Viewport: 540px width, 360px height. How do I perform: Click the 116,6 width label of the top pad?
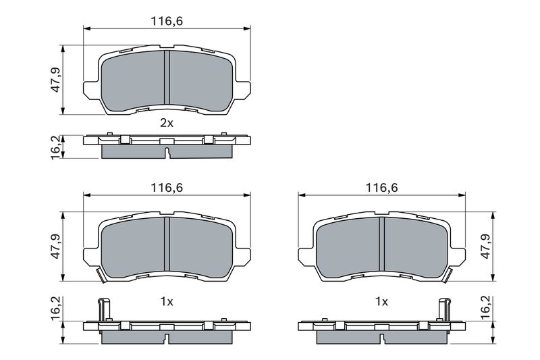tap(167, 22)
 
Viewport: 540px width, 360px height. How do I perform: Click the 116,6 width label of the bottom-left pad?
tap(167, 188)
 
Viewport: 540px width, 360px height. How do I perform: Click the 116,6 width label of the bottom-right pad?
tap(381, 188)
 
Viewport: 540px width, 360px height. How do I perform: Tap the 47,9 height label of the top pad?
tap(55, 80)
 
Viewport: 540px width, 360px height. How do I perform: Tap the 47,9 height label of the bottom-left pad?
tap(55, 247)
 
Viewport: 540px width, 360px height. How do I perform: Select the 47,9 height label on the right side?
tap(485, 247)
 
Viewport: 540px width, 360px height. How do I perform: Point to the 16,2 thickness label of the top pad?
tap(55, 147)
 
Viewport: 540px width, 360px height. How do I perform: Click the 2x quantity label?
tap(167, 123)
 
